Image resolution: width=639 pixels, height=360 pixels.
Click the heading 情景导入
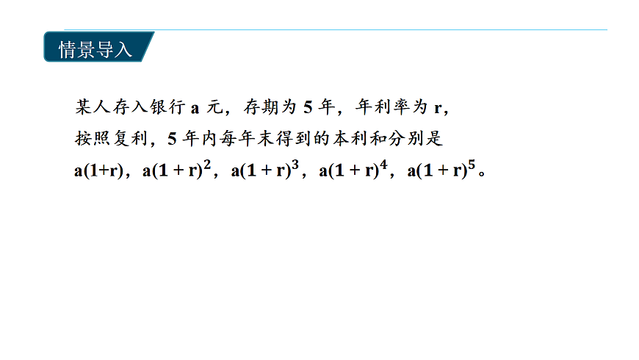pos(95,49)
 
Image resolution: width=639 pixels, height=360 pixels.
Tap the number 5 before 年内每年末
pos(173,139)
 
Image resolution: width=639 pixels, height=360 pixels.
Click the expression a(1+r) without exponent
pos(98,171)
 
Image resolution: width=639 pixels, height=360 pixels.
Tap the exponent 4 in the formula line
pos(383,165)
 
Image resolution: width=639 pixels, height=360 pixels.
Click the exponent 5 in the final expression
pos(472,165)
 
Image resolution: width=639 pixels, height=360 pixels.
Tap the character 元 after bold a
pos(214,107)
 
